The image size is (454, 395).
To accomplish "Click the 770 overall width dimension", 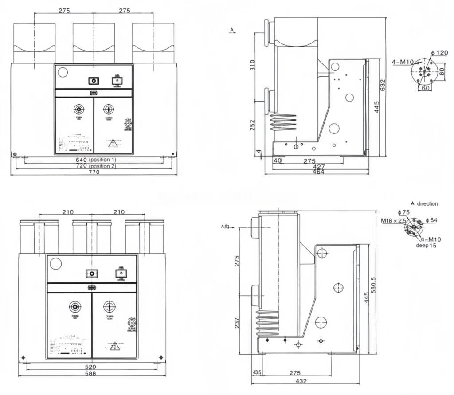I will click(x=94, y=172).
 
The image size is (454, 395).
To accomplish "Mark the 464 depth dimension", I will click(x=318, y=172).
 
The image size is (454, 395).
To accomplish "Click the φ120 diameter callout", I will click(x=442, y=53).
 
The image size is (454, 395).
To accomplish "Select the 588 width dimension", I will click(x=90, y=374).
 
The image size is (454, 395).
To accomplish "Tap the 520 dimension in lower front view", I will click(x=90, y=367).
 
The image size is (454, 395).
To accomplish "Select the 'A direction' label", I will click(x=424, y=204).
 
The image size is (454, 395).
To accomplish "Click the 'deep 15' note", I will click(x=426, y=246).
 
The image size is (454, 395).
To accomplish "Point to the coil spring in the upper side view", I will click(x=282, y=122).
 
